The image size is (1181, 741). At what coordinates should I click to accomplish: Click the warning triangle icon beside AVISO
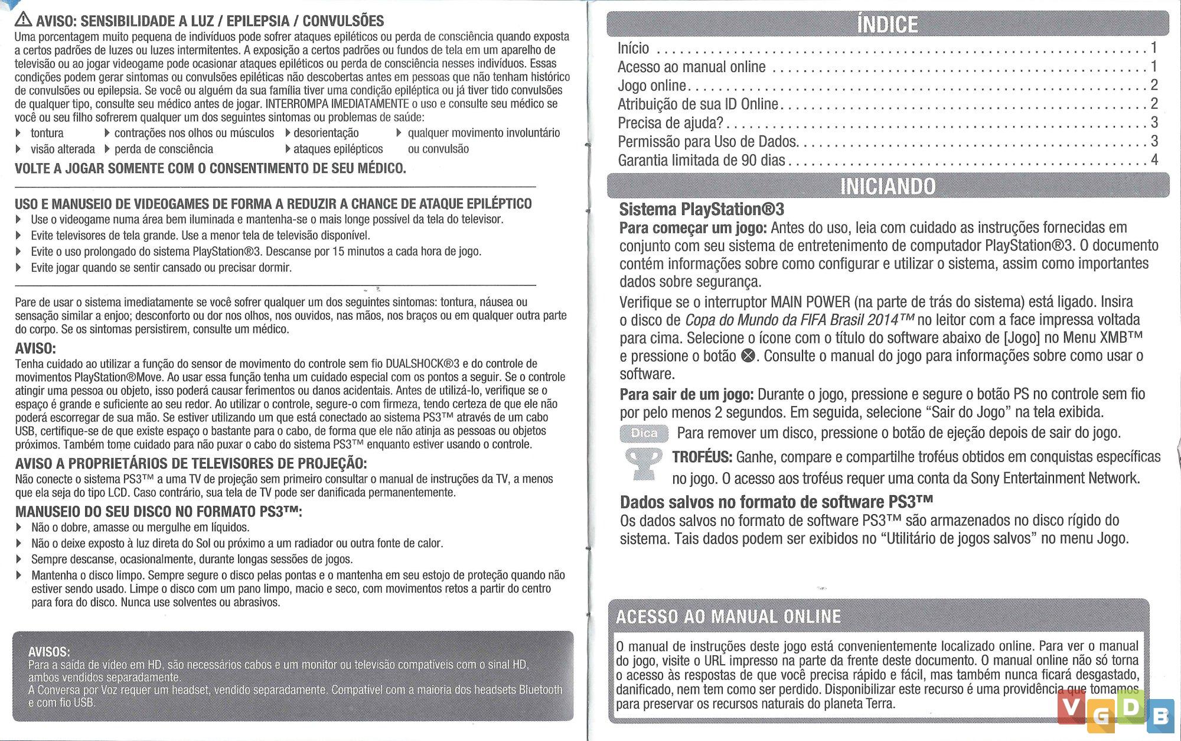point(24,20)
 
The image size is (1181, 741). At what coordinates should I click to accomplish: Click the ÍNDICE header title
point(887,25)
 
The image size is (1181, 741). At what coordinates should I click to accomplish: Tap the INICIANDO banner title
point(888,186)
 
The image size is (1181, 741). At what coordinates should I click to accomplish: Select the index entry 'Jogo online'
point(652,86)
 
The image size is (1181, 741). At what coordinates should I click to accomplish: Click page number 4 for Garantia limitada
point(1154,160)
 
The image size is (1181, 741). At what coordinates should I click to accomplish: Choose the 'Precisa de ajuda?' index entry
point(670,123)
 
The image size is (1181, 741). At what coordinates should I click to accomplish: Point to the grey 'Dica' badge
point(644,433)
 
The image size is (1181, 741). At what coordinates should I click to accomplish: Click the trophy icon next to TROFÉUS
point(643,464)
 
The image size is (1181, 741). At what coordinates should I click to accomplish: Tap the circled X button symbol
point(748,356)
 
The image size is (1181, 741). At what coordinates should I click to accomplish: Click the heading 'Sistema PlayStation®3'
point(702,209)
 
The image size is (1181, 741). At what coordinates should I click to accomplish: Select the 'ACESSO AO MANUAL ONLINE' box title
point(728,617)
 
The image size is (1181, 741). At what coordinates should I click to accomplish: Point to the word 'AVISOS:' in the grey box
point(49,652)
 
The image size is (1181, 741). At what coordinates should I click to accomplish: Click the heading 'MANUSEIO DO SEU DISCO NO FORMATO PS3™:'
point(158,512)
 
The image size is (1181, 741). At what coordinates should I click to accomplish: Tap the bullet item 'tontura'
point(47,134)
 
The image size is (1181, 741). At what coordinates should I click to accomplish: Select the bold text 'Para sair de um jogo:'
point(686,394)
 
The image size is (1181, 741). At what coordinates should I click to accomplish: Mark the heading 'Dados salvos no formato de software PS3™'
point(776,502)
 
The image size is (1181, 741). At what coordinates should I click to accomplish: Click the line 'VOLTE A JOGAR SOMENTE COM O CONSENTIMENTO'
point(210,168)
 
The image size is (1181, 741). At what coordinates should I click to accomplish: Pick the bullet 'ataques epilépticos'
point(338,149)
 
